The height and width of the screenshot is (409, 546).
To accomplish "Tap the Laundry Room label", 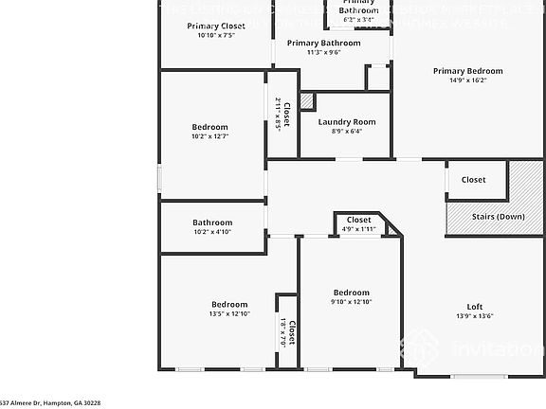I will pos(347,122).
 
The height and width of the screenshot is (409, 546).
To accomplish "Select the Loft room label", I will pos(474,307).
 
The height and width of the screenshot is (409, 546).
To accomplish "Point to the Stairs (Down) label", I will pos(498,217).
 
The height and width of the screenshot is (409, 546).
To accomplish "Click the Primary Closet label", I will pos(216,26).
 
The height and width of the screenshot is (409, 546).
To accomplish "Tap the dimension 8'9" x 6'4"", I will pos(347,132).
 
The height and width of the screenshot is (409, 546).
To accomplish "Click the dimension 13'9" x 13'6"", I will pos(474,316).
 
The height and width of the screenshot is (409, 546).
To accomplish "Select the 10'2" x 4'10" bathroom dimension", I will pos(212,232).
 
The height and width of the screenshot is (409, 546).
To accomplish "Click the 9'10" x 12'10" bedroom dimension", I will pos(351,302).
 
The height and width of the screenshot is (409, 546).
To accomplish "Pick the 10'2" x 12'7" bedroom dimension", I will pos(210,136).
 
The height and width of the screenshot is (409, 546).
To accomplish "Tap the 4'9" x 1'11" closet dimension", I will pos(358,228).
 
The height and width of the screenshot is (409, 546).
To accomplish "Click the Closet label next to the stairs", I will pos(473,180).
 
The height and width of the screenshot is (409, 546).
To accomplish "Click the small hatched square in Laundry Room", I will pos(306,100).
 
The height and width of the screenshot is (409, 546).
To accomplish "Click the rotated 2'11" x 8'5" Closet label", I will pos(282,114).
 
